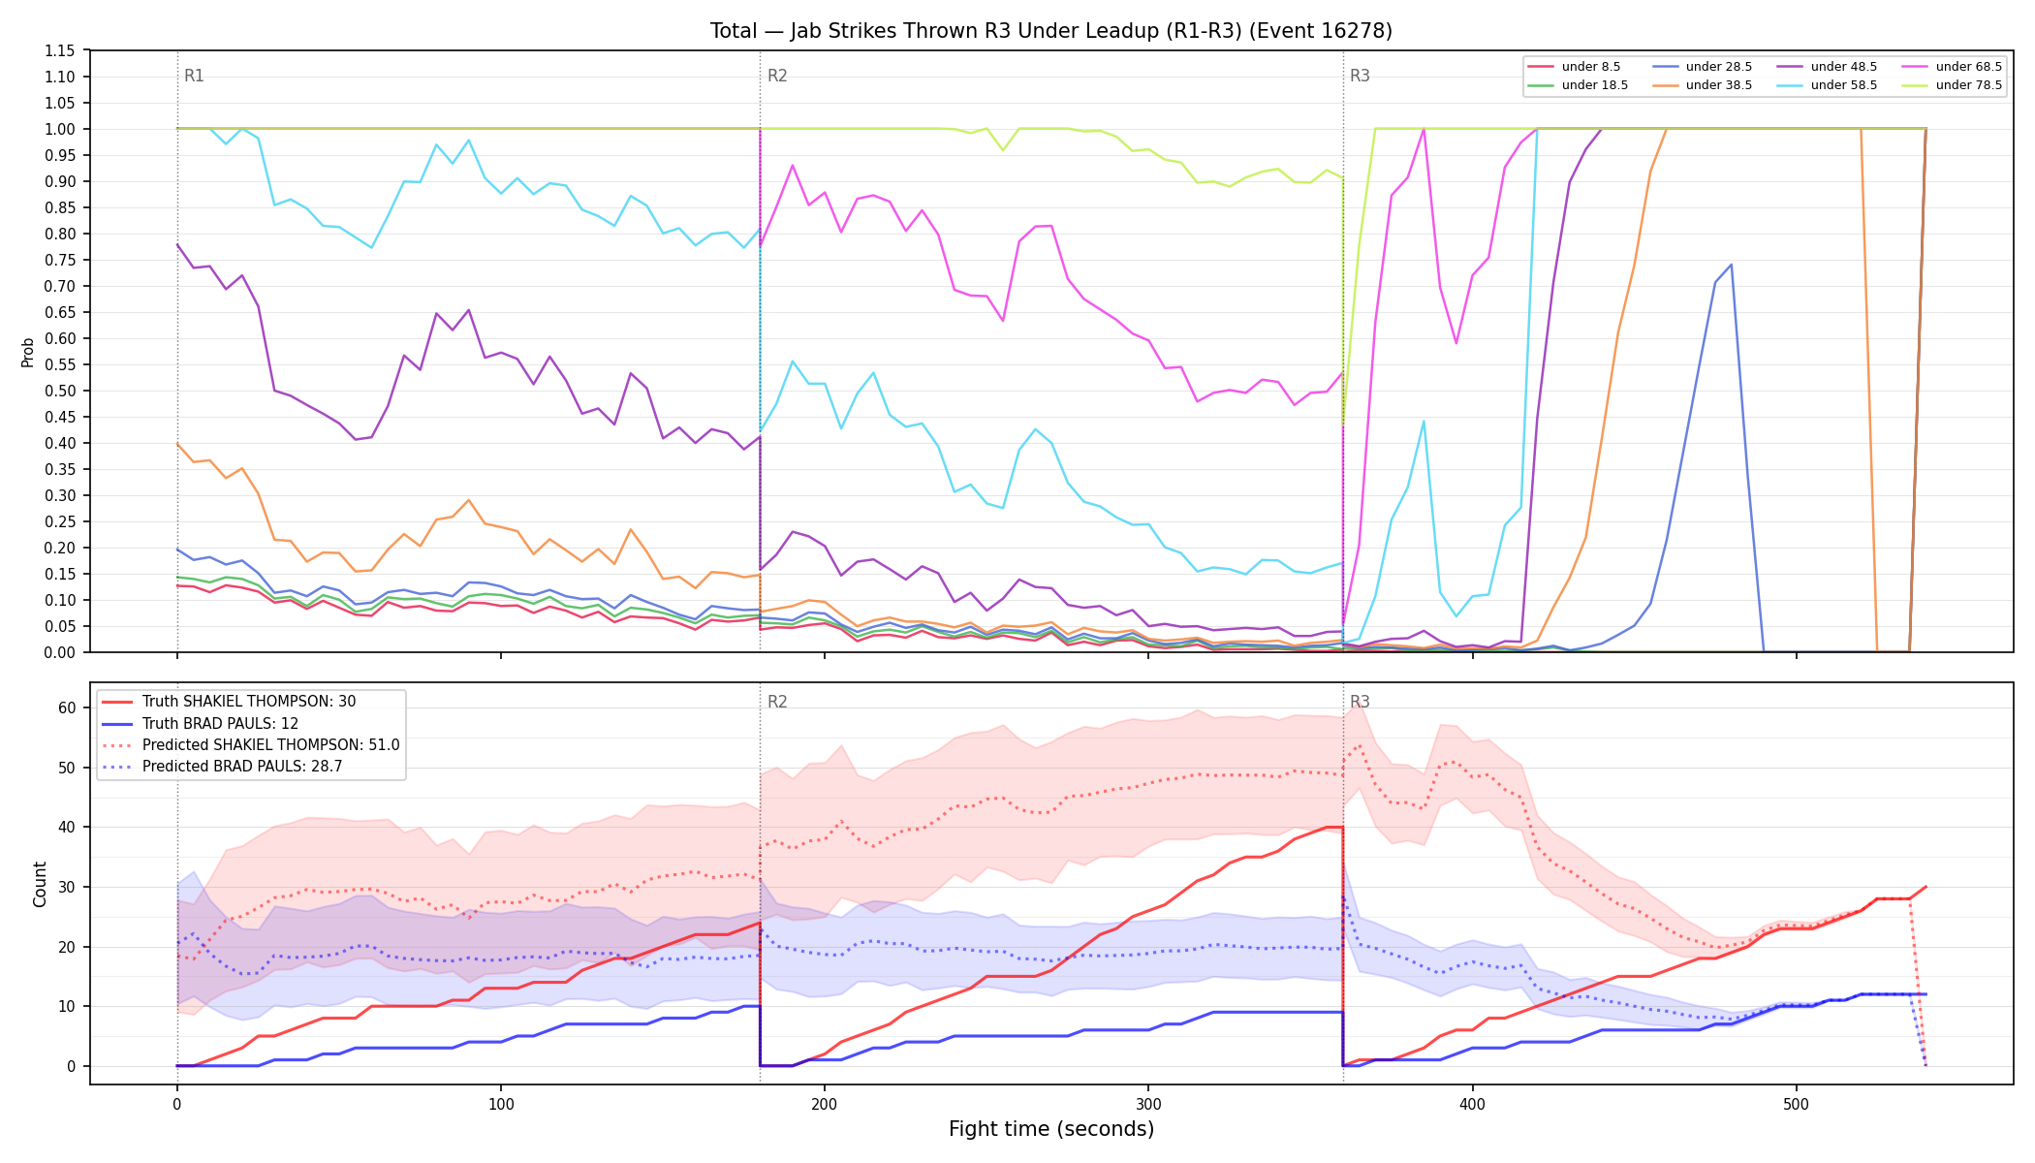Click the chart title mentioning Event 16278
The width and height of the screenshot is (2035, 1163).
point(1051,31)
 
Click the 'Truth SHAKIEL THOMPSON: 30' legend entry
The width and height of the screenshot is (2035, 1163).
point(229,702)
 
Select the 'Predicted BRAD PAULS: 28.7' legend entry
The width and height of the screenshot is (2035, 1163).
point(222,767)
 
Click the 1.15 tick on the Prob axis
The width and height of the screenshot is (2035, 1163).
point(60,50)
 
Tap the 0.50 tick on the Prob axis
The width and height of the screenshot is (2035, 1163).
point(60,391)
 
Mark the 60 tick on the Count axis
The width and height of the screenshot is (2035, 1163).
point(67,707)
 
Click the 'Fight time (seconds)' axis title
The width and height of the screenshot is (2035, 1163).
point(1051,1129)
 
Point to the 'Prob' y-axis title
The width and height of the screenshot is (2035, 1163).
point(28,352)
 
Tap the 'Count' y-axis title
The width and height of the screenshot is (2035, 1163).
point(40,884)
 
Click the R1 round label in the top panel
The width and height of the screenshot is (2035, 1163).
point(194,76)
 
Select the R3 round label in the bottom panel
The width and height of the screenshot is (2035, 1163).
point(1360,702)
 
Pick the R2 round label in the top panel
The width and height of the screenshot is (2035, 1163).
point(777,76)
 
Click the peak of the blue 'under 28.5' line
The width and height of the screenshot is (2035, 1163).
point(1731,265)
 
